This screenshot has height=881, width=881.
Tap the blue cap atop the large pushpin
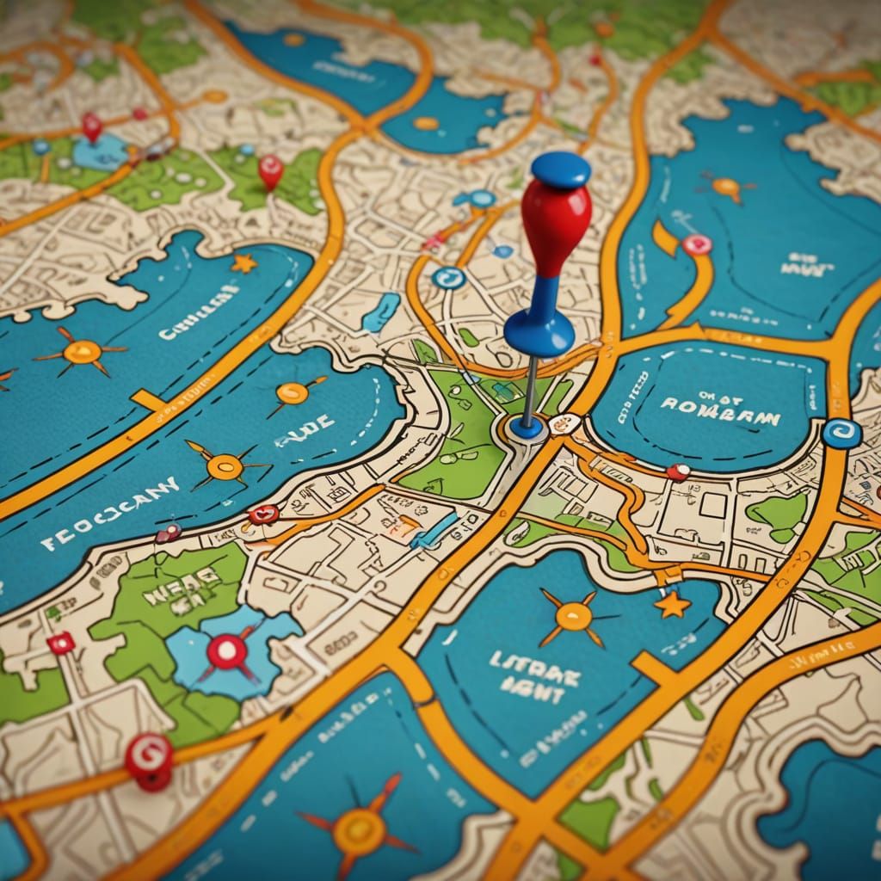coord(561,168)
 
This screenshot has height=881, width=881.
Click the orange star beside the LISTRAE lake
coord(672,605)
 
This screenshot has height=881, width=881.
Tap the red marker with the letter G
coord(149,758)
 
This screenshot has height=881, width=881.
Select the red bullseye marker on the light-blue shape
coord(227,651)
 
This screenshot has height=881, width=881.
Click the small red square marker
coord(61,642)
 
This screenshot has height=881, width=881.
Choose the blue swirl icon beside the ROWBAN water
coord(841,433)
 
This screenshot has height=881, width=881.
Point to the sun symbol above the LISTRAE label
coord(573,616)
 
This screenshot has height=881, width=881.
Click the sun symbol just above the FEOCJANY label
coord(225,466)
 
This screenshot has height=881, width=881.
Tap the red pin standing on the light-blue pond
coord(92,126)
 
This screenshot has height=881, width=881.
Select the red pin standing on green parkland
coord(270,169)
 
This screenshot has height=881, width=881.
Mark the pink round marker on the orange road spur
coord(696,245)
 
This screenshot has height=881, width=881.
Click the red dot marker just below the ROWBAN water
coord(678,471)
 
